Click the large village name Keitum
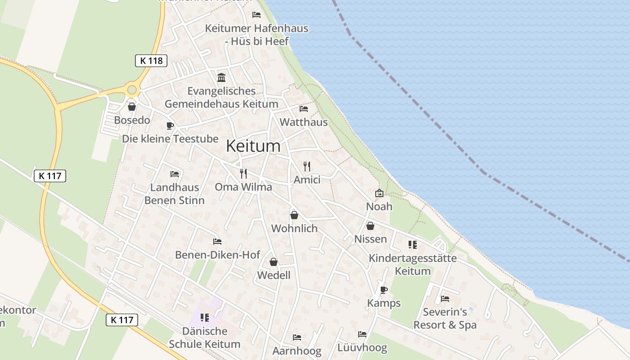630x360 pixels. [x=253, y=146]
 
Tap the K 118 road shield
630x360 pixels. [x=151, y=61]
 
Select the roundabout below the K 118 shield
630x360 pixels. [x=132, y=90]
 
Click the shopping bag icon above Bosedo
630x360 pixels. [x=132, y=107]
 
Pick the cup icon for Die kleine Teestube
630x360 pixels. [x=170, y=126]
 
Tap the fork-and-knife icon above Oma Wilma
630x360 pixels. [x=243, y=173]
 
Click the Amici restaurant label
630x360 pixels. [x=307, y=180]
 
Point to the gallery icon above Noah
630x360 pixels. [x=379, y=193]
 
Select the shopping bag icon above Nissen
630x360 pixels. [x=370, y=225]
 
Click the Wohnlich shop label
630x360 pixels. [x=294, y=229]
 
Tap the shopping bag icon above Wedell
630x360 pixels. [x=274, y=262]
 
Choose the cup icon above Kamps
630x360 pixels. [x=383, y=290]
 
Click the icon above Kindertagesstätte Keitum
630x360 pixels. [x=413, y=245]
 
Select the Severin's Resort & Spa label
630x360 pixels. [x=445, y=318]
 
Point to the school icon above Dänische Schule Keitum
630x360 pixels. [x=205, y=318]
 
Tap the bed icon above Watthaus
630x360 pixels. [x=304, y=109]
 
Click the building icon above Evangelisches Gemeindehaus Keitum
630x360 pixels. [x=221, y=77]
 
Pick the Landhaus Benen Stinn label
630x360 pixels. [x=174, y=193]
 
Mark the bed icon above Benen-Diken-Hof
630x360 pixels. [x=217, y=242]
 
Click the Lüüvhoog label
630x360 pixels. [x=362, y=348]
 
